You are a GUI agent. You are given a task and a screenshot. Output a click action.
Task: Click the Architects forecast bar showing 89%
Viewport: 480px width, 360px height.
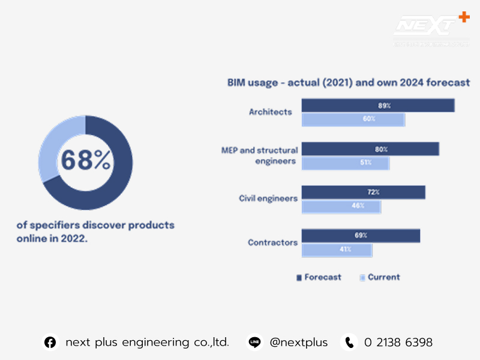point(377,106)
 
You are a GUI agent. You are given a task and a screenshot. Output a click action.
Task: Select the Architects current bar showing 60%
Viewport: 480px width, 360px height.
point(353,119)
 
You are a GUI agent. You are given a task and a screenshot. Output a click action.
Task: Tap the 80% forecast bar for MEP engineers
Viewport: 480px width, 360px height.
point(370,149)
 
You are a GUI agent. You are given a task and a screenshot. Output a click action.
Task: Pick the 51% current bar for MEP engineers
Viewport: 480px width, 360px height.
point(345,163)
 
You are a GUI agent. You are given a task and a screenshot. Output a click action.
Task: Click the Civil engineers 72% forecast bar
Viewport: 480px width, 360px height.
point(363,193)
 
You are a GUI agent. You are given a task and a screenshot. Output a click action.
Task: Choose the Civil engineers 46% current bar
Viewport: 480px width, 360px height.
point(341,206)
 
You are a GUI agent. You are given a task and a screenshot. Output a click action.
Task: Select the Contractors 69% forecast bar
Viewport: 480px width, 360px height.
point(360,236)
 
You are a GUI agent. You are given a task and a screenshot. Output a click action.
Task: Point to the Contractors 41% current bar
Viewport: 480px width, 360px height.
point(337,250)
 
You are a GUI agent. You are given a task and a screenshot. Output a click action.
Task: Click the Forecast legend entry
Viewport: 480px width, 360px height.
point(319,277)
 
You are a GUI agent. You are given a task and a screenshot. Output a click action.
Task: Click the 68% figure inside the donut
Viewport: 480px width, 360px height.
point(85,161)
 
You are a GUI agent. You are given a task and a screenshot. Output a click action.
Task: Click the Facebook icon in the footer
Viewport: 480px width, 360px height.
point(50,343)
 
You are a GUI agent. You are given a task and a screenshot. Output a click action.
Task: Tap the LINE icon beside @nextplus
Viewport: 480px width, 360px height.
point(254,343)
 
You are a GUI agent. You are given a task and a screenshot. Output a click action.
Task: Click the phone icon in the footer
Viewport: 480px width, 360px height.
point(349,343)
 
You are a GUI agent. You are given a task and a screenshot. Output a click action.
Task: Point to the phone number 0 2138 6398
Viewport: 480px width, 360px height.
point(398,343)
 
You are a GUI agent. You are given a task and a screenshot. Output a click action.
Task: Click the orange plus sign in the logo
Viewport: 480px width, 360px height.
point(463,17)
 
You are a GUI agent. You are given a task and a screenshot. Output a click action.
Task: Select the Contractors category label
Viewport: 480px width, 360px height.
point(272,242)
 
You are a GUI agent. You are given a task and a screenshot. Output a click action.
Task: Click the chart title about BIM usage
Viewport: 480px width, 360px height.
point(348,83)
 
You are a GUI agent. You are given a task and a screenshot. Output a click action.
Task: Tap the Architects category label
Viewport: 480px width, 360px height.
point(270,112)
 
